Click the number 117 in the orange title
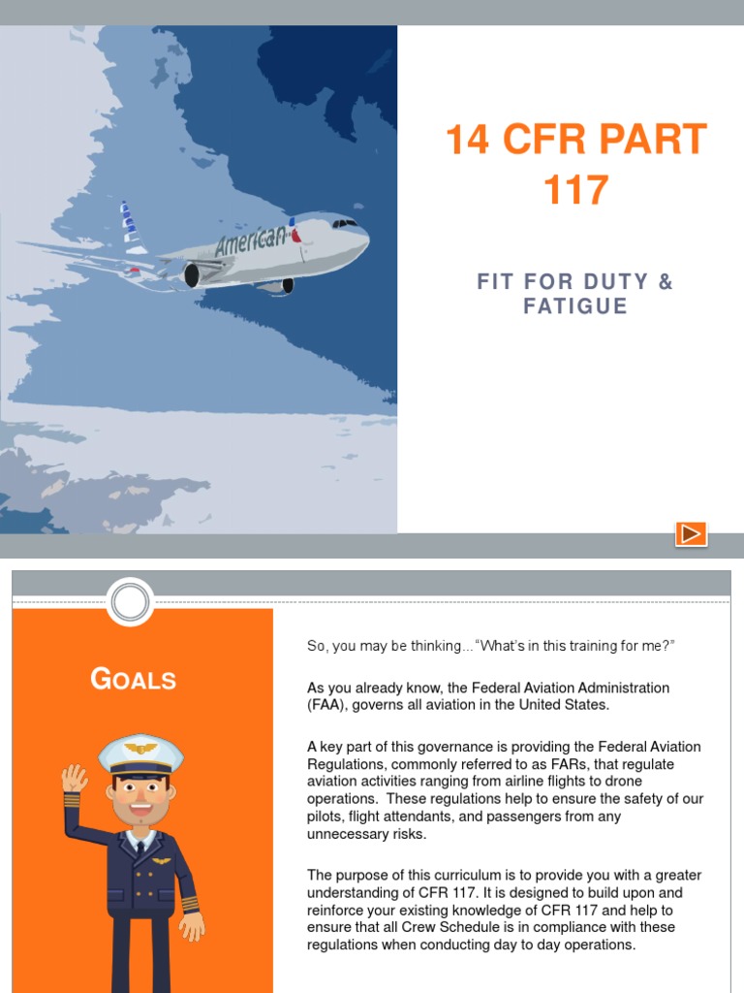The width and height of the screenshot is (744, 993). [575, 190]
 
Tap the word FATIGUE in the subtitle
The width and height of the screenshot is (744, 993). [575, 306]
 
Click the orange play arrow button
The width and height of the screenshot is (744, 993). [691, 533]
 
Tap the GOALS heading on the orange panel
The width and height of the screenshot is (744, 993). [134, 679]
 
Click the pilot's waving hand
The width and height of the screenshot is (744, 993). [75, 779]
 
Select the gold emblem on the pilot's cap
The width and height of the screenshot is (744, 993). [141, 749]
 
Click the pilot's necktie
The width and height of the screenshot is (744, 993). [141, 847]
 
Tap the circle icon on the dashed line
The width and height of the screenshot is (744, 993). [131, 602]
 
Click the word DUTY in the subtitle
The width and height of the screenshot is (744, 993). [615, 282]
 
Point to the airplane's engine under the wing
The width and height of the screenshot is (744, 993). [191, 275]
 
